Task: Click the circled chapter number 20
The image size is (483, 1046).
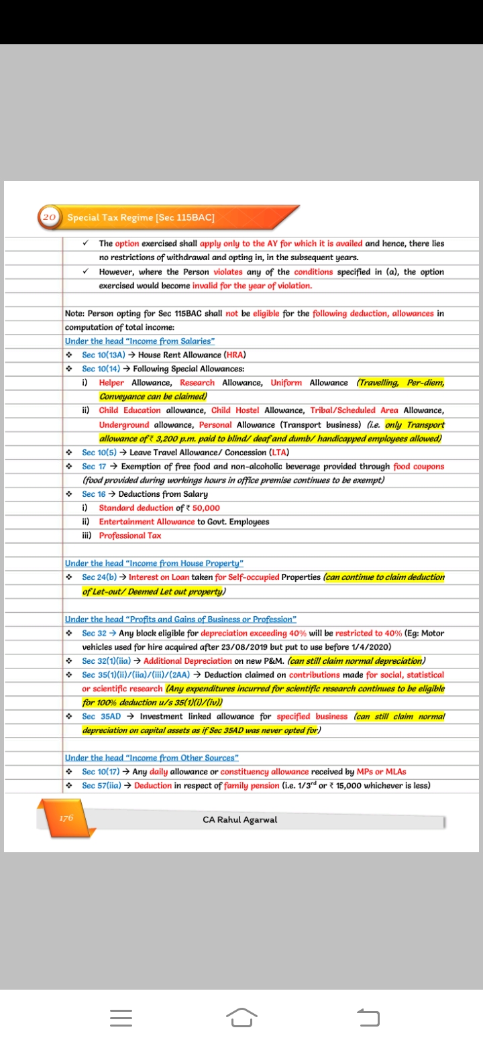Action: [48, 217]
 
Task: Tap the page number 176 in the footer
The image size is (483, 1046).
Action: [66, 818]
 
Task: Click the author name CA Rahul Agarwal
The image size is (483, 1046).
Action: [239, 819]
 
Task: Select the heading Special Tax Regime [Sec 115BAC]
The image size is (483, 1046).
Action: [141, 217]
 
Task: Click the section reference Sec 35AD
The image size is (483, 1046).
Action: [99, 716]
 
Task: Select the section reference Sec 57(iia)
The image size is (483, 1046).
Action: [102, 785]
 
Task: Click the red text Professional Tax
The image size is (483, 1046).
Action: [130, 536]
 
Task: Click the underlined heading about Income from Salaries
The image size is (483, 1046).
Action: [140, 341]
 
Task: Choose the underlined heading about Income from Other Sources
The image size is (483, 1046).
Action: [152, 758]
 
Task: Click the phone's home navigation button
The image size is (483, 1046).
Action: [242, 1016]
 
